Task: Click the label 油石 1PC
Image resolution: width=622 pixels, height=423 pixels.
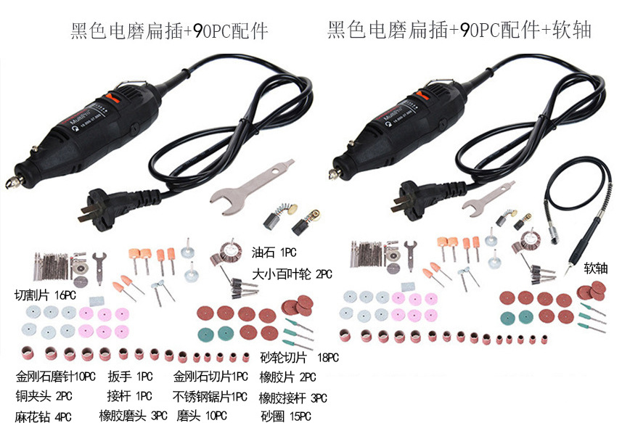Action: click(x=274, y=252)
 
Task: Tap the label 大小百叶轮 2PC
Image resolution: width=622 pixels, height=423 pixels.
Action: click(x=292, y=274)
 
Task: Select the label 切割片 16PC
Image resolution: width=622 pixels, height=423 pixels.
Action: click(x=45, y=295)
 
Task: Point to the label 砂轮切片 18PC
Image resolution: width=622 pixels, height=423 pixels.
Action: click(x=300, y=358)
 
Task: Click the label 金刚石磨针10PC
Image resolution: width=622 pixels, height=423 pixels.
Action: click(x=56, y=377)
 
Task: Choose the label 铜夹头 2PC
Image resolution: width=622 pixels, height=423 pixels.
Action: click(x=44, y=395)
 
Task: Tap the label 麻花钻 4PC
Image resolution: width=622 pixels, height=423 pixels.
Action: click(x=44, y=416)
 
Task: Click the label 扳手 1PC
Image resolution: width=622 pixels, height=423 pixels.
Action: click(x=130, y=377)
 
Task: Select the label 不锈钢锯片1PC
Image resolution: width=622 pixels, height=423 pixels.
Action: click(x=210, y=396)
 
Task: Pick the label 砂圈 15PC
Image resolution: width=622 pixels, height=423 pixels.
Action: click(x=286, y=416)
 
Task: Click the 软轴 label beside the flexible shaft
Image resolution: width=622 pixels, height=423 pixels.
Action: click(x=595, y=268)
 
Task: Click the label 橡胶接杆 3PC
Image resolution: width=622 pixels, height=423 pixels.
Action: click(x=292, y=398)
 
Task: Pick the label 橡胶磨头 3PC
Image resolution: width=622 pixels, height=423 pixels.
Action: click(x=133, y=416)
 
